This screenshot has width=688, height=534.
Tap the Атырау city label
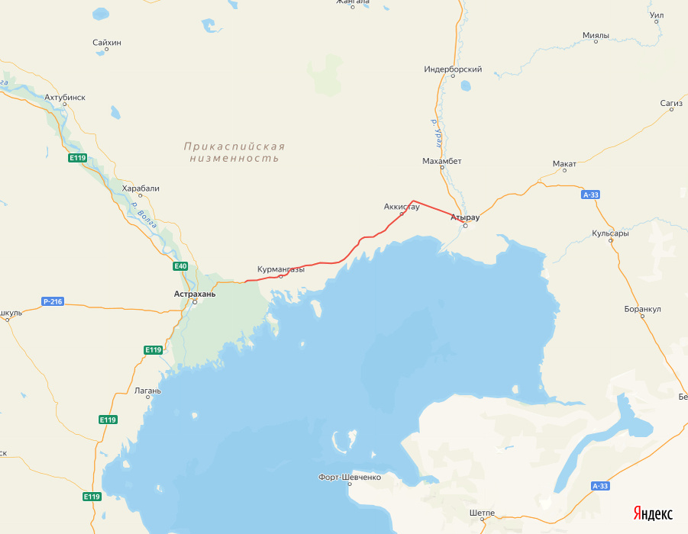(465, 217)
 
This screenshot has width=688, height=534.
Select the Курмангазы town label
(281, 269)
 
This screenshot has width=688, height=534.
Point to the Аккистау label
(402, 207)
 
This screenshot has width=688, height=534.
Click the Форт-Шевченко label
(350, 478)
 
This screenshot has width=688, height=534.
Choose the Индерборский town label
(454, 69)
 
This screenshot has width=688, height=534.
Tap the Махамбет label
(442, 162)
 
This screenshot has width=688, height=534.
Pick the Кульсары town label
(610, 233)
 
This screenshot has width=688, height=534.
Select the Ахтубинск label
(65, 98)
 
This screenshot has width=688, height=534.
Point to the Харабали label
(141, 188)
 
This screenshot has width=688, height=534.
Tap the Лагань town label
(147, 391)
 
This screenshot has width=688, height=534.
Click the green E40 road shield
(180, 266)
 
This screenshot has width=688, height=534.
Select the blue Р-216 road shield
(53, 302)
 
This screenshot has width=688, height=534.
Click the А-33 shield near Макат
(591, 195)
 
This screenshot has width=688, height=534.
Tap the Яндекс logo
(652, 513)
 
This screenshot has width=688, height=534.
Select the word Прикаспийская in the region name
(234, 146)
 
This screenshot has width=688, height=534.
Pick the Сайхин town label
(107, 43)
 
